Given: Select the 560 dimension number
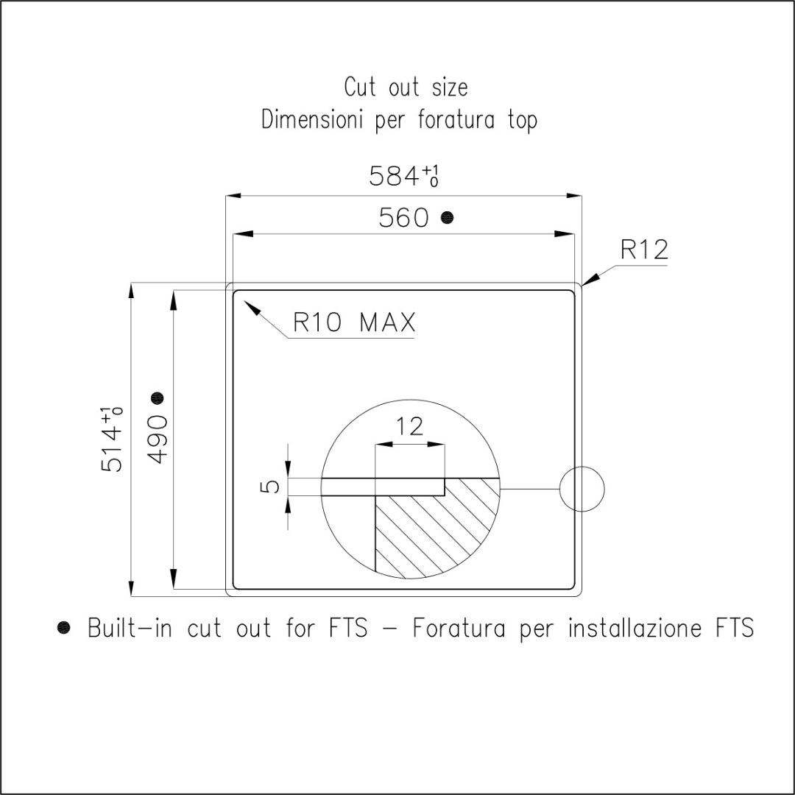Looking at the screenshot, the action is click(x=403, y=218).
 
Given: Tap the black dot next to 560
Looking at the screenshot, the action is click(x=447, y=217).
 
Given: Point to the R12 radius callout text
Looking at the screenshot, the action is click(x=644, y=250).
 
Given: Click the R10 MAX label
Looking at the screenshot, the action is click(x=354, y=322).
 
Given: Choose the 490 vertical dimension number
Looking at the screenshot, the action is click(x=158, y=439).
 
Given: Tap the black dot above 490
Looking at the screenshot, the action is click(x=158, y=398).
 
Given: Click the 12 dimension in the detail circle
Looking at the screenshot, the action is click(x=409, y=426).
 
